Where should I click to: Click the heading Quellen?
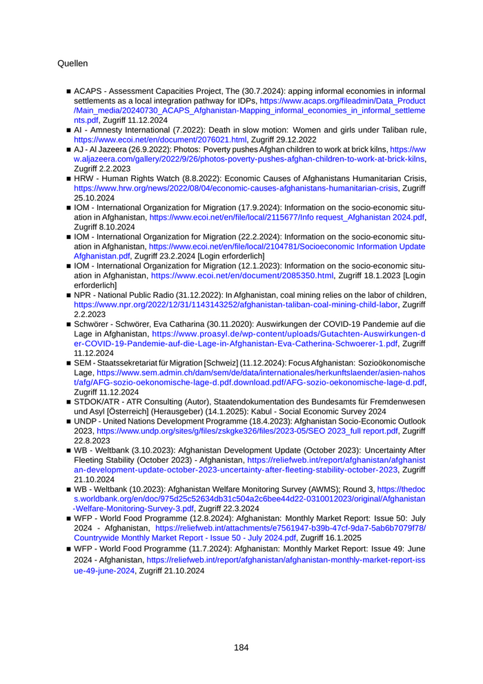point(72,64)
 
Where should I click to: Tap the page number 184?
point(241,647)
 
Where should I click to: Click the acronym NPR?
point(84,294)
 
